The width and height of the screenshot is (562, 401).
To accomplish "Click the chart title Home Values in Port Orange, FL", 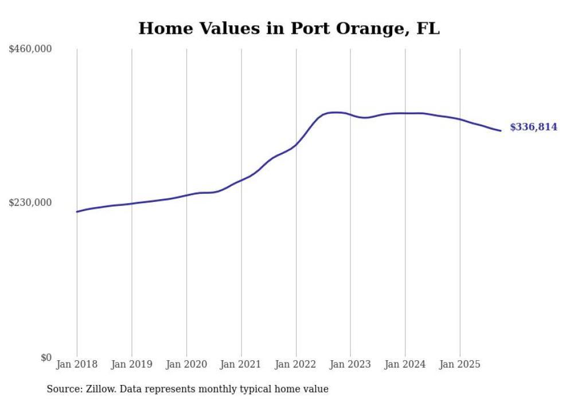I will [x=289, y=28].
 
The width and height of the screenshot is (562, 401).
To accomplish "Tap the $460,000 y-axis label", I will [x=30, y=49].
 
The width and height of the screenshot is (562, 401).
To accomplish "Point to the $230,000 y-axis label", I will [x=30, y=203].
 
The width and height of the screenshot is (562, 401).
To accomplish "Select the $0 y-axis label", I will [x=46, y=357].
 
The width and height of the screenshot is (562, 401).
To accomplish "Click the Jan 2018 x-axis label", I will [x=77, y=364].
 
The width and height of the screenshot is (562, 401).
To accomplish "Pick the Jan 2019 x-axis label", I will [x=132, y=364].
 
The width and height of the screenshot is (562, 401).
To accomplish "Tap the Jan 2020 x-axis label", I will [x=186, y=364].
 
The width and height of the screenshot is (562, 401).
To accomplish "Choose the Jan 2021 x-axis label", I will [x=241, y=364].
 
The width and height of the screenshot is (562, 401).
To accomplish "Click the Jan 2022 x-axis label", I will [x=296, y=364].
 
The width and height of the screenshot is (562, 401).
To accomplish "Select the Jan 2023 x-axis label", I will [x=351, y=364].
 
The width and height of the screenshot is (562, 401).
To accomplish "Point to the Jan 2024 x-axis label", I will [x=405, y=364].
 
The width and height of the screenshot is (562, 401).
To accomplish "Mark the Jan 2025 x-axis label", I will [x=460, y=364].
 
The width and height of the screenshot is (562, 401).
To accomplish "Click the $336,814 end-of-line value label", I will [x=533, y=127].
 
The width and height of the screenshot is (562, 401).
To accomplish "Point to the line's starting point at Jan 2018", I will [x=77, y=212].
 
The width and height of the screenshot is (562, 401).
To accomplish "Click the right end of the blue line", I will [x=501, y=131].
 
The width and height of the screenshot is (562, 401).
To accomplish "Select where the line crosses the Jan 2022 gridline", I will [x=296, y=145].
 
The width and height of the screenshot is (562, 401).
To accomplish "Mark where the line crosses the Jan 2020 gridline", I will [x=186, y=195].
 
